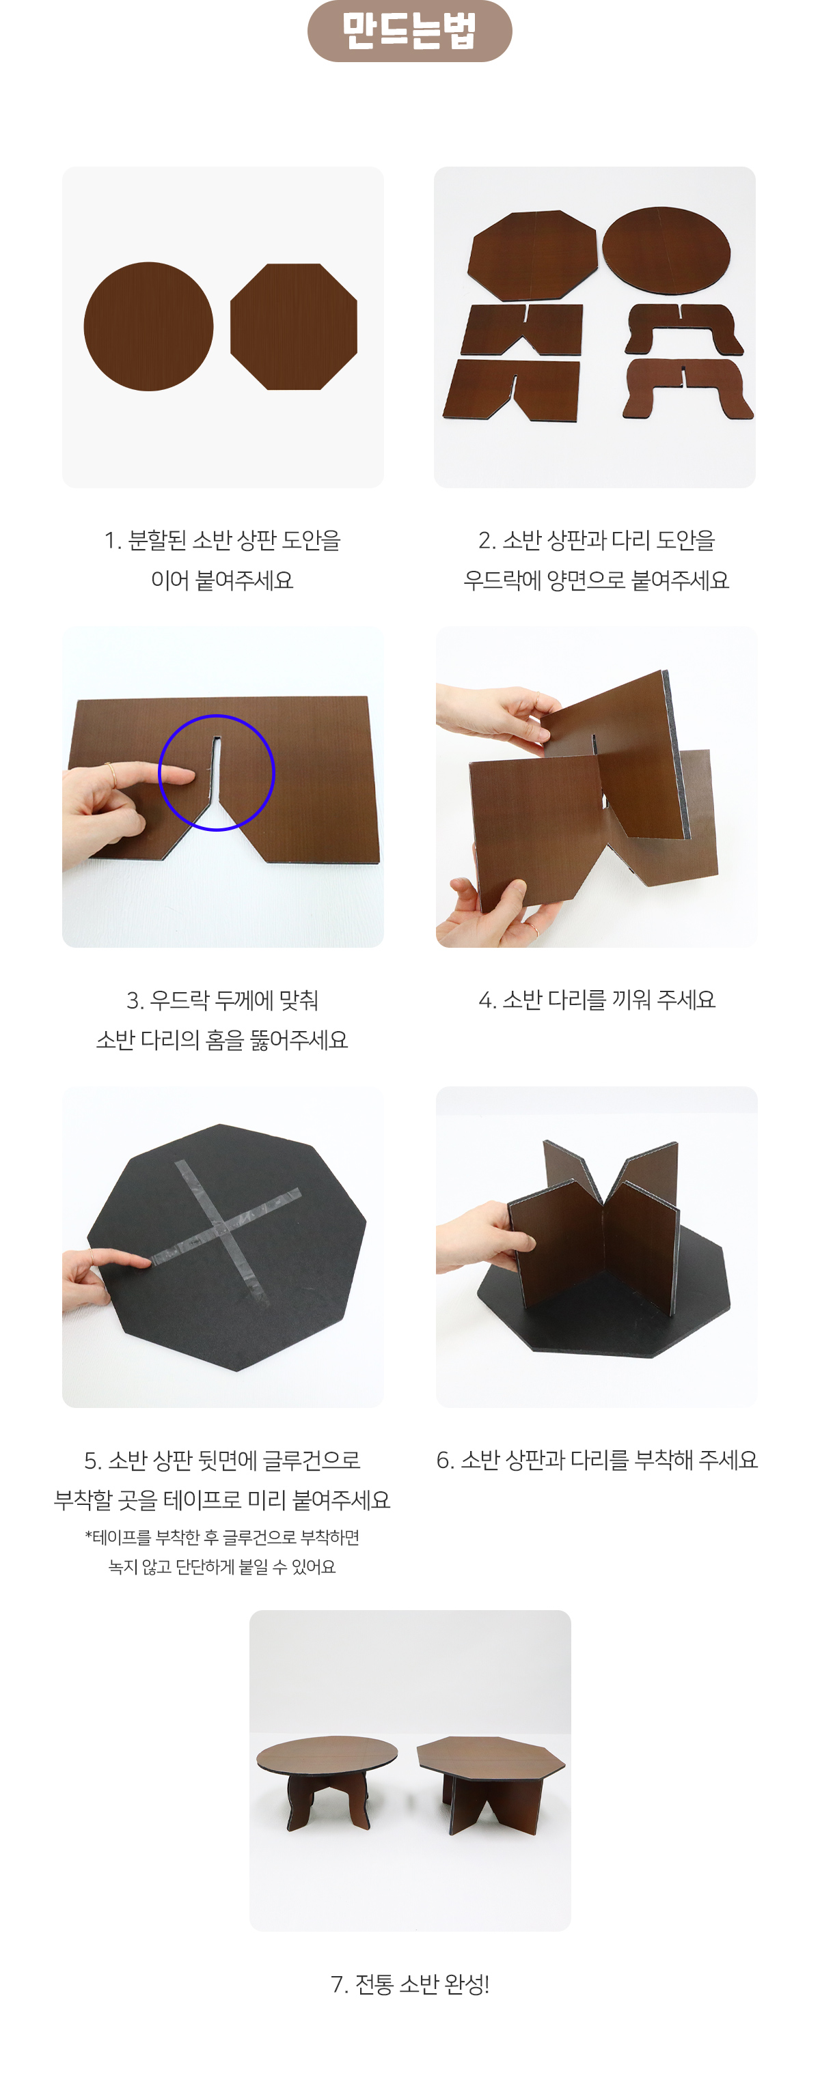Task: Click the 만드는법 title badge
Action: tap(409, 31)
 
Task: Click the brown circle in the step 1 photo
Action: tap(148, 327)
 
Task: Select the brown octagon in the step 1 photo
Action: tap(293, 327)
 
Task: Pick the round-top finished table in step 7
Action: tap(327, 1780)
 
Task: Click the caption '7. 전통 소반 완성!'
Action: tap(409, 1984)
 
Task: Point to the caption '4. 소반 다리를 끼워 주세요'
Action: tap(597, 1000)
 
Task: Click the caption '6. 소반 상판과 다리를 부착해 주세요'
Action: tap(597, 1459)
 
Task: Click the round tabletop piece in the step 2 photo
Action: tap(666, 249)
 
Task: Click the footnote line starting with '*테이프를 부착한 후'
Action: tap(221, 1537)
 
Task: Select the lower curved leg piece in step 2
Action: tap(688, 389)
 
